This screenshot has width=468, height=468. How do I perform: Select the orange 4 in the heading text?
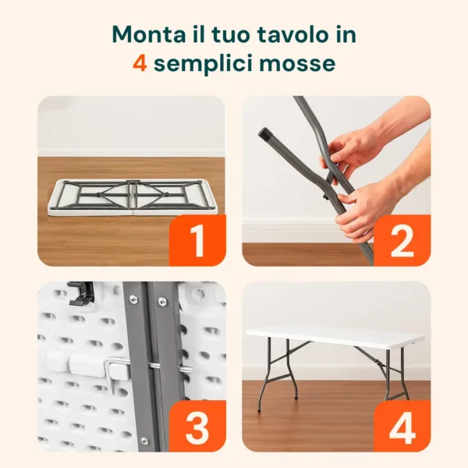pyautogui.click(x=140, y=63)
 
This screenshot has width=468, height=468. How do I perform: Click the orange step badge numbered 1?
pyautogui.click(x=197, y=240)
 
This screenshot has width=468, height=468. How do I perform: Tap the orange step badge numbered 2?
pyautogui.click(x=402, y=240)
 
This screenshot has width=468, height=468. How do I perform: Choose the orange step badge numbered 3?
pyautogui.click(x=197, y=426)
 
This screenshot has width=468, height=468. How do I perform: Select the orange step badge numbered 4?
pyautogui.click(x=402, y=426)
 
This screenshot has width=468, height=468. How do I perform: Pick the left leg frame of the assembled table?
pyautogui.click(x=275, y=374)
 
